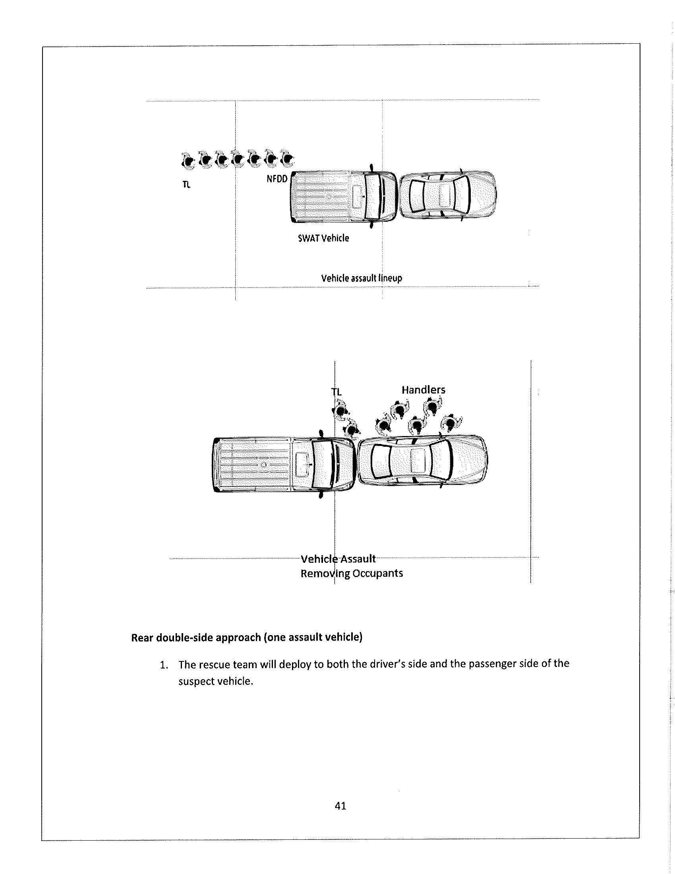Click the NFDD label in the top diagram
[x=277, y=179]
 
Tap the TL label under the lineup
[x=186, y=185]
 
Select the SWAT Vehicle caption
[x=324, y=238]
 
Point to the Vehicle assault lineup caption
[x=361, y=278]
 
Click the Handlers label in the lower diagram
[x=424, y=390]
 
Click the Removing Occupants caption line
[x=352, y=574]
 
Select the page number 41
[x=340, y=806]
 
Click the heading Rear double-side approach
[x=246, y=637]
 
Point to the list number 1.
[x=163, y=665]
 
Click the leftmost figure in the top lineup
[x=187, y=160]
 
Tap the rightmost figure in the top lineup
[x=287, y=160]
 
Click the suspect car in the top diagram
[x=448, y=195]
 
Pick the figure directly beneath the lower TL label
[x=340, y=411]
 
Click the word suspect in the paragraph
[x=195, y=682]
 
